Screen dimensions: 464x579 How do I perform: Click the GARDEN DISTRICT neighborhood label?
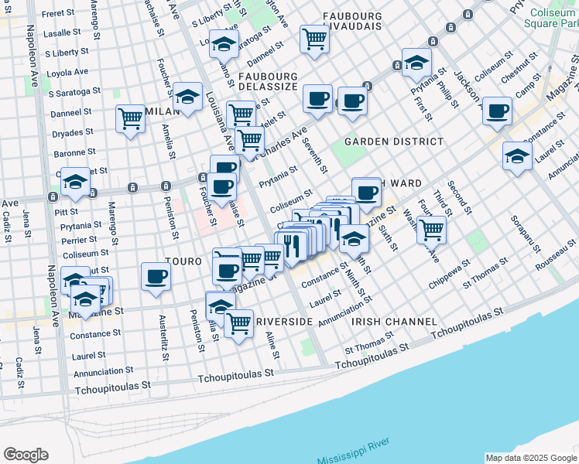394,142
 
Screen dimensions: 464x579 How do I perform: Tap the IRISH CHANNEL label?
384,321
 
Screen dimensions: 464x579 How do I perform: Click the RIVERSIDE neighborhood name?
283,321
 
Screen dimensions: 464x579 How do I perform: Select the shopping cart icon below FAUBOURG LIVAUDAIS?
314,38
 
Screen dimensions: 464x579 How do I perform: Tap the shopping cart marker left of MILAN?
130,119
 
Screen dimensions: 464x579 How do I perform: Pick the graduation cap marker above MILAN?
187,97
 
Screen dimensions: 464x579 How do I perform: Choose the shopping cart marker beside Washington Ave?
431,229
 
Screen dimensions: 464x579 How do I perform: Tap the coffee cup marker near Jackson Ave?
496,110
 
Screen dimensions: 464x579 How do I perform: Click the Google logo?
26,455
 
